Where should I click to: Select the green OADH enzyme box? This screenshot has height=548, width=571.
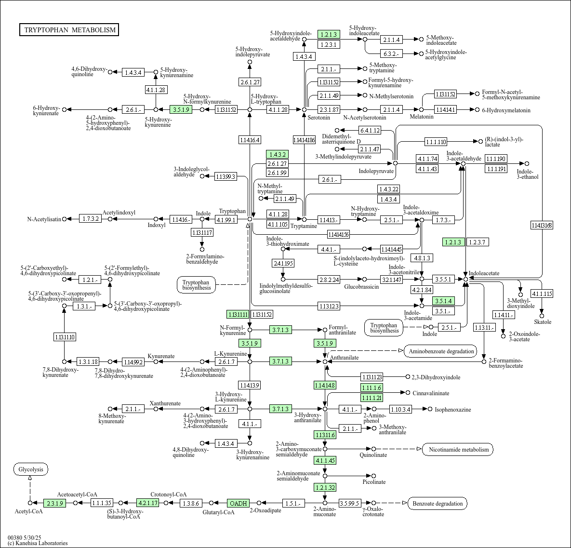pyautogui.click(x=238, y=503)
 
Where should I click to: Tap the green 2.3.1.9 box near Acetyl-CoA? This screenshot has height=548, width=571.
pyautogui.click(x=54, y=503)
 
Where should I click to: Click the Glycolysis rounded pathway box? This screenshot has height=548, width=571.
pyautogui.click(x=31, y=469)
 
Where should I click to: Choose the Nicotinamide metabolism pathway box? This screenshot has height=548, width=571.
pyautogui.click(x=458, y=450)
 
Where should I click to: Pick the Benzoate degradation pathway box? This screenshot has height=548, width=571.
pyautogui.click(x=438, y=504)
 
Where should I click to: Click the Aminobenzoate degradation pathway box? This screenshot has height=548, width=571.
pyautogui.click(x=440, y=351)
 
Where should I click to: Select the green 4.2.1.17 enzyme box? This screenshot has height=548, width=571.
pyautogui.click(x=147, y=503)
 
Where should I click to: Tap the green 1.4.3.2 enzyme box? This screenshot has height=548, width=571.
pyautogui.click(x=278, y=155)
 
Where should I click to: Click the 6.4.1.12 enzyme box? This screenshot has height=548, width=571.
pyautogui.click(x=370, y=130)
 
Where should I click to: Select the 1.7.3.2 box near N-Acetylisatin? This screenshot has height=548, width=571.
pyautogui.click(x=90, y=219)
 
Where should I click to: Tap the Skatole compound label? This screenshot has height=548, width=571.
pyautogui.click(x=542, y=322)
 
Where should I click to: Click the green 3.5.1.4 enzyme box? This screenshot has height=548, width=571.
pyautogui.click(x=443, y=301)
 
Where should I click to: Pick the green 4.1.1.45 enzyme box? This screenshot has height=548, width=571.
pyautogui.click(x=325, y=460)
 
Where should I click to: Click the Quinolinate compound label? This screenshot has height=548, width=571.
pyautogui.click(x=373, y=455)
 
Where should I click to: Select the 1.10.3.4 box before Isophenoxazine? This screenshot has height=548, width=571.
pyautogui.click(x=400, y=409)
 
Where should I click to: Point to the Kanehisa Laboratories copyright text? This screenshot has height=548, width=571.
pyautogui.click(x=38, y=543)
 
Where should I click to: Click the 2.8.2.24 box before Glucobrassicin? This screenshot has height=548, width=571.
pyautogui.click(x=329, y=280)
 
